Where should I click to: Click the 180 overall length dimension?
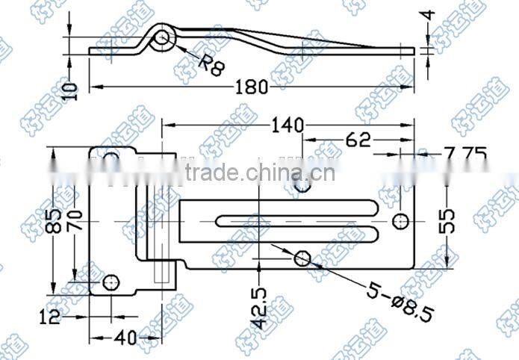tap(252, 87)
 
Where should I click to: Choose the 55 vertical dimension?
tap(447, 222)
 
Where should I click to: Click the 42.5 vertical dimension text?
tap(258, 307)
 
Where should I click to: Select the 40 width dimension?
tap(126, 338)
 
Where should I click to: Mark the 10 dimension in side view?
tap(69, 92)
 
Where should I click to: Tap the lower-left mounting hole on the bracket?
tap(111, 282)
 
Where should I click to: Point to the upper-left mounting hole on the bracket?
tap(111, 158)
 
